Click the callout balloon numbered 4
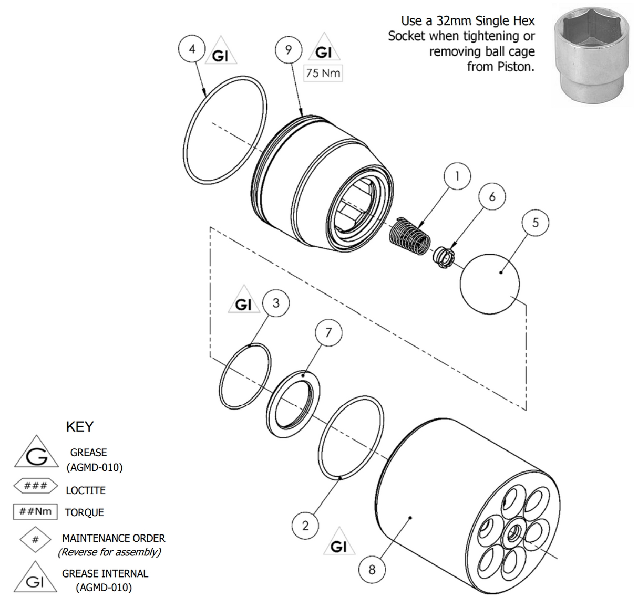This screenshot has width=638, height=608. tap(192, 49)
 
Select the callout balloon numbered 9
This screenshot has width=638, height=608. tap(288, 50)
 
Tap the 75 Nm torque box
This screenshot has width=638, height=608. tap(323, 73)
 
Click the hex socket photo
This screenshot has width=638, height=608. tap(591, 54)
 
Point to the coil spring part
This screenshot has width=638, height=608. tap(410, 236)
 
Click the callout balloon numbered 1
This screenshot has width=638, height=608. tap(457, 176)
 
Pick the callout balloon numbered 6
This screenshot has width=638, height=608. tap(492, 197)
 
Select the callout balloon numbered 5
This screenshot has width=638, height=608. tap(535, 223)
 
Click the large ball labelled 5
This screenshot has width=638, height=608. tap(490, 284)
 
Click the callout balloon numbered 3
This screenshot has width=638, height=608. tap(276, 303)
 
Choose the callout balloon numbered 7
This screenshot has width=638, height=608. tap(328, 333)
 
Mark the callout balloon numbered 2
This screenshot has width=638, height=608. tap(305, 526)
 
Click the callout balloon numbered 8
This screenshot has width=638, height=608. tap(372, 569)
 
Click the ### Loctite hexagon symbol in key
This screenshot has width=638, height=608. tap(35, 486)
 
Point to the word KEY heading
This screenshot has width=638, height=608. tap(80, 426)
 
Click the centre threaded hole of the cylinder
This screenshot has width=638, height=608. tap(513, 534)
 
